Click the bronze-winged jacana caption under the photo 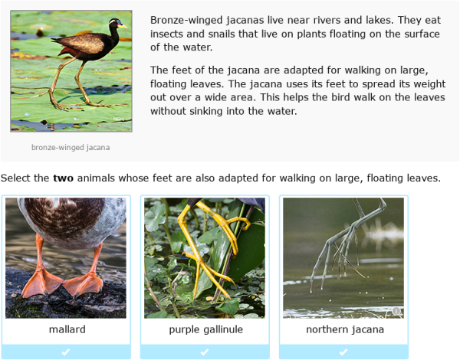71,147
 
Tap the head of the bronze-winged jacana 116,23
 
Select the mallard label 66,330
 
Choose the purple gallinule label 205,330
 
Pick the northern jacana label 344,330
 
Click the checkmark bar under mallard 66,352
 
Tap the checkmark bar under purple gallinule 205,352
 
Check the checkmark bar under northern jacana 344,352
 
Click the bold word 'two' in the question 62,178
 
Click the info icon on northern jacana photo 396,311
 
